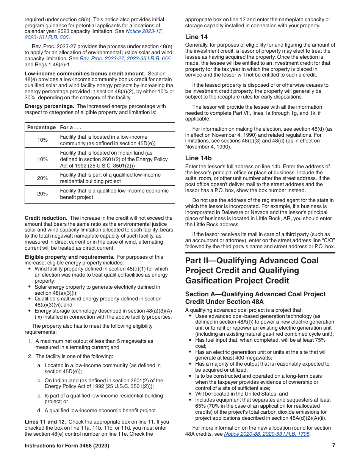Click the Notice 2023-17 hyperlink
click(x=144, y=31)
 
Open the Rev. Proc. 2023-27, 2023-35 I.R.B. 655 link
click(x=125, y=59)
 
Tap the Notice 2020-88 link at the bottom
click(x=267, y=434)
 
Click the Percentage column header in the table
click(x=42, y=128)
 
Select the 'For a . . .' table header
click(x=71, y=128)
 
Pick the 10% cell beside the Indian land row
click(x=42, y=159)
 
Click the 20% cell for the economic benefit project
click(x=42, y=194)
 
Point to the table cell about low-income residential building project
click(x=110, y=178)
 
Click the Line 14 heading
click(x=196, y=37)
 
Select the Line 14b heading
click(x=198, y=158)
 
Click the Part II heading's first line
click(x=252, y=261)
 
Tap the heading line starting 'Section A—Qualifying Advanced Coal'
click(x=255, y=294)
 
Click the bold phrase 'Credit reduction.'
click(x=46, y=218)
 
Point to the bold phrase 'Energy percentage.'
click(x=49, y=106)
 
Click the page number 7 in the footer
click(x=333, y=446)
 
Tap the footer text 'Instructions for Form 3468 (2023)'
click(x=67, y=446)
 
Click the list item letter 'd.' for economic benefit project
click(x=39, y=410)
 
